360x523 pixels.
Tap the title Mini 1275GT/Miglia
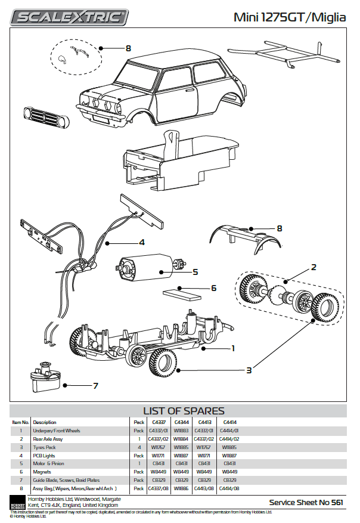click(x=290, y=17)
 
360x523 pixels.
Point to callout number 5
click(x=195, y=273)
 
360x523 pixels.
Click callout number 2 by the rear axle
click(x=314, y=267)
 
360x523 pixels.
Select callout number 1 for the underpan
click(x=233, y=348)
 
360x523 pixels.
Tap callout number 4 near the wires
click(x=142, y=242)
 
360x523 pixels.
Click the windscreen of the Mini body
click(x=134, y=77)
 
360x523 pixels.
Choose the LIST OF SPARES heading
click(x=184, y=411)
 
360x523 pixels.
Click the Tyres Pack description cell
click(x=45, y=447)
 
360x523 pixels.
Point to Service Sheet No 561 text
click(x=306, y=502)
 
